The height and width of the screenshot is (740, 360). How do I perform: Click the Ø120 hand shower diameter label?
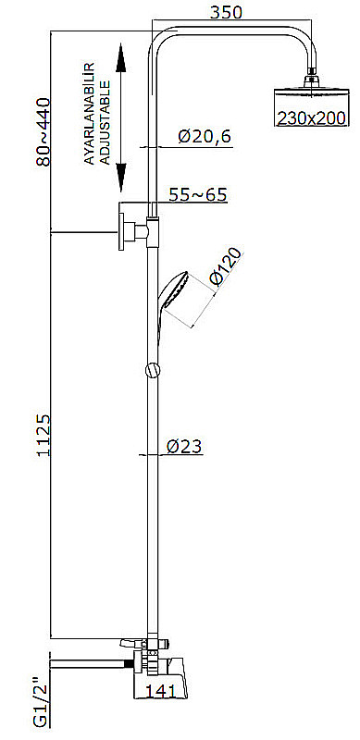click(226, 267)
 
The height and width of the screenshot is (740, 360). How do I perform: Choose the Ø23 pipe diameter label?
click(185, 446)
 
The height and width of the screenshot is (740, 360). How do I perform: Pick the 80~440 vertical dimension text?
click(40, 130)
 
